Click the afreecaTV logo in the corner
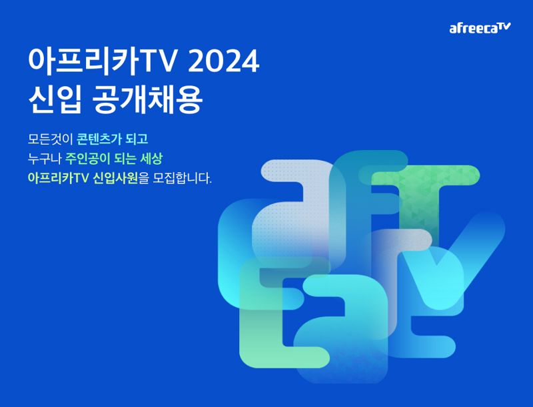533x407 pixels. pos(480,28)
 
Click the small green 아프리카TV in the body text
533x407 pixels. pos(57,179)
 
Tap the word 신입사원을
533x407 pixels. pos(121,179)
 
